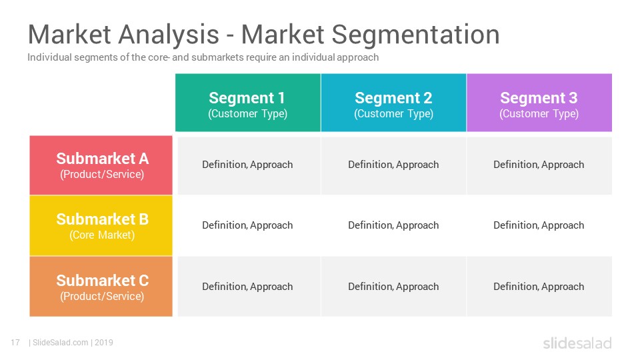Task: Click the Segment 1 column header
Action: (x=248, y=103)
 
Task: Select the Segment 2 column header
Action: (x=393, y=103)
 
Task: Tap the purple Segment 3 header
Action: (x=539, y=103)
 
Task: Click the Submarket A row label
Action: (x=101, y=165)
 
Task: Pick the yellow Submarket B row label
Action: (x=101, y=226)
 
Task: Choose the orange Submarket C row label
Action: (x=101, y=287)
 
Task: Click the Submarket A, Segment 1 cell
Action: (x=249, y=165)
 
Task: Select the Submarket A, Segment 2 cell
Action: (x=393, y=165)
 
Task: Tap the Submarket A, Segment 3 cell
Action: (x=539, y=165)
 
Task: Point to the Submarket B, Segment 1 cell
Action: (x=249, y=225)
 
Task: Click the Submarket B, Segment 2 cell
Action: (x=393, y=225)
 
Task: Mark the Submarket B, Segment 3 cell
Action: (x=539, y=225)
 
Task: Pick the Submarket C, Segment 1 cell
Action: (x=249, y=287)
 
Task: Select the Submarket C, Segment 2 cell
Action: (x=393, y=287)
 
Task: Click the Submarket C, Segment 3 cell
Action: (x=539, y=287)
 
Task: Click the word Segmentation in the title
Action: (x=415, y=35)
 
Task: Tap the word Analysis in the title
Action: (x=169, y=35)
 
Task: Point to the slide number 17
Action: (x=15, y=343)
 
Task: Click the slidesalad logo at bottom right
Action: (x=577, y=343)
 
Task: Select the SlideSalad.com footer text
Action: (x=61, y=343)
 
